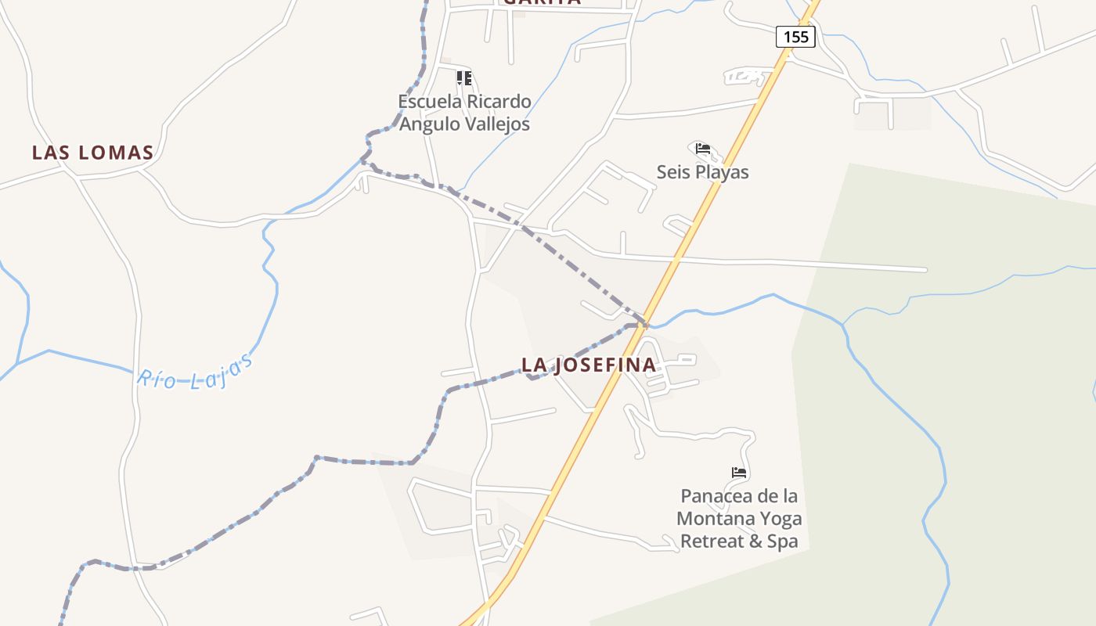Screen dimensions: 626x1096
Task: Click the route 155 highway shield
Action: click(x=795, y=37)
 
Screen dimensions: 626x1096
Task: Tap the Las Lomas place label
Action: click(x=92, y=153)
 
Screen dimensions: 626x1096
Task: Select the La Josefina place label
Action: click(x=589, y=365)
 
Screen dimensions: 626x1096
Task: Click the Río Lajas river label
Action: click(x=195, y=371)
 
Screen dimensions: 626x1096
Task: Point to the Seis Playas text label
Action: click(x=702, y=172)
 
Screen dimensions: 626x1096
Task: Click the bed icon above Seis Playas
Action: click(x=702, y=149)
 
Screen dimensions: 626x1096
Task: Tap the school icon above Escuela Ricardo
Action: click(x=464, y=78)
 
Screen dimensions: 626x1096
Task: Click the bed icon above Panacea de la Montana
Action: click(x=739, y=473)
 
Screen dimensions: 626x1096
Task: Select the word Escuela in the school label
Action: click(x=430, y=102)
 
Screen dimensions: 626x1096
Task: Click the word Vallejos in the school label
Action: click(x=496, y=124)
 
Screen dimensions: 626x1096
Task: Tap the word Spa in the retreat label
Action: click(x=782, y=541)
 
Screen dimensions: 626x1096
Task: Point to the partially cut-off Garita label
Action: click(x=542, y=2)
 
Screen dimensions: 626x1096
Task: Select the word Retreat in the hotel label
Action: click(x=708, y=541)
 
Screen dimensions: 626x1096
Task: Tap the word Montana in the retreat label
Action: click(x=713, y=519)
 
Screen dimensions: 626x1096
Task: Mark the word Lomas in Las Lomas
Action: click(x=115, y=153)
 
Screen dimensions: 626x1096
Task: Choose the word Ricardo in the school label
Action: click(x=499, y=102)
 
